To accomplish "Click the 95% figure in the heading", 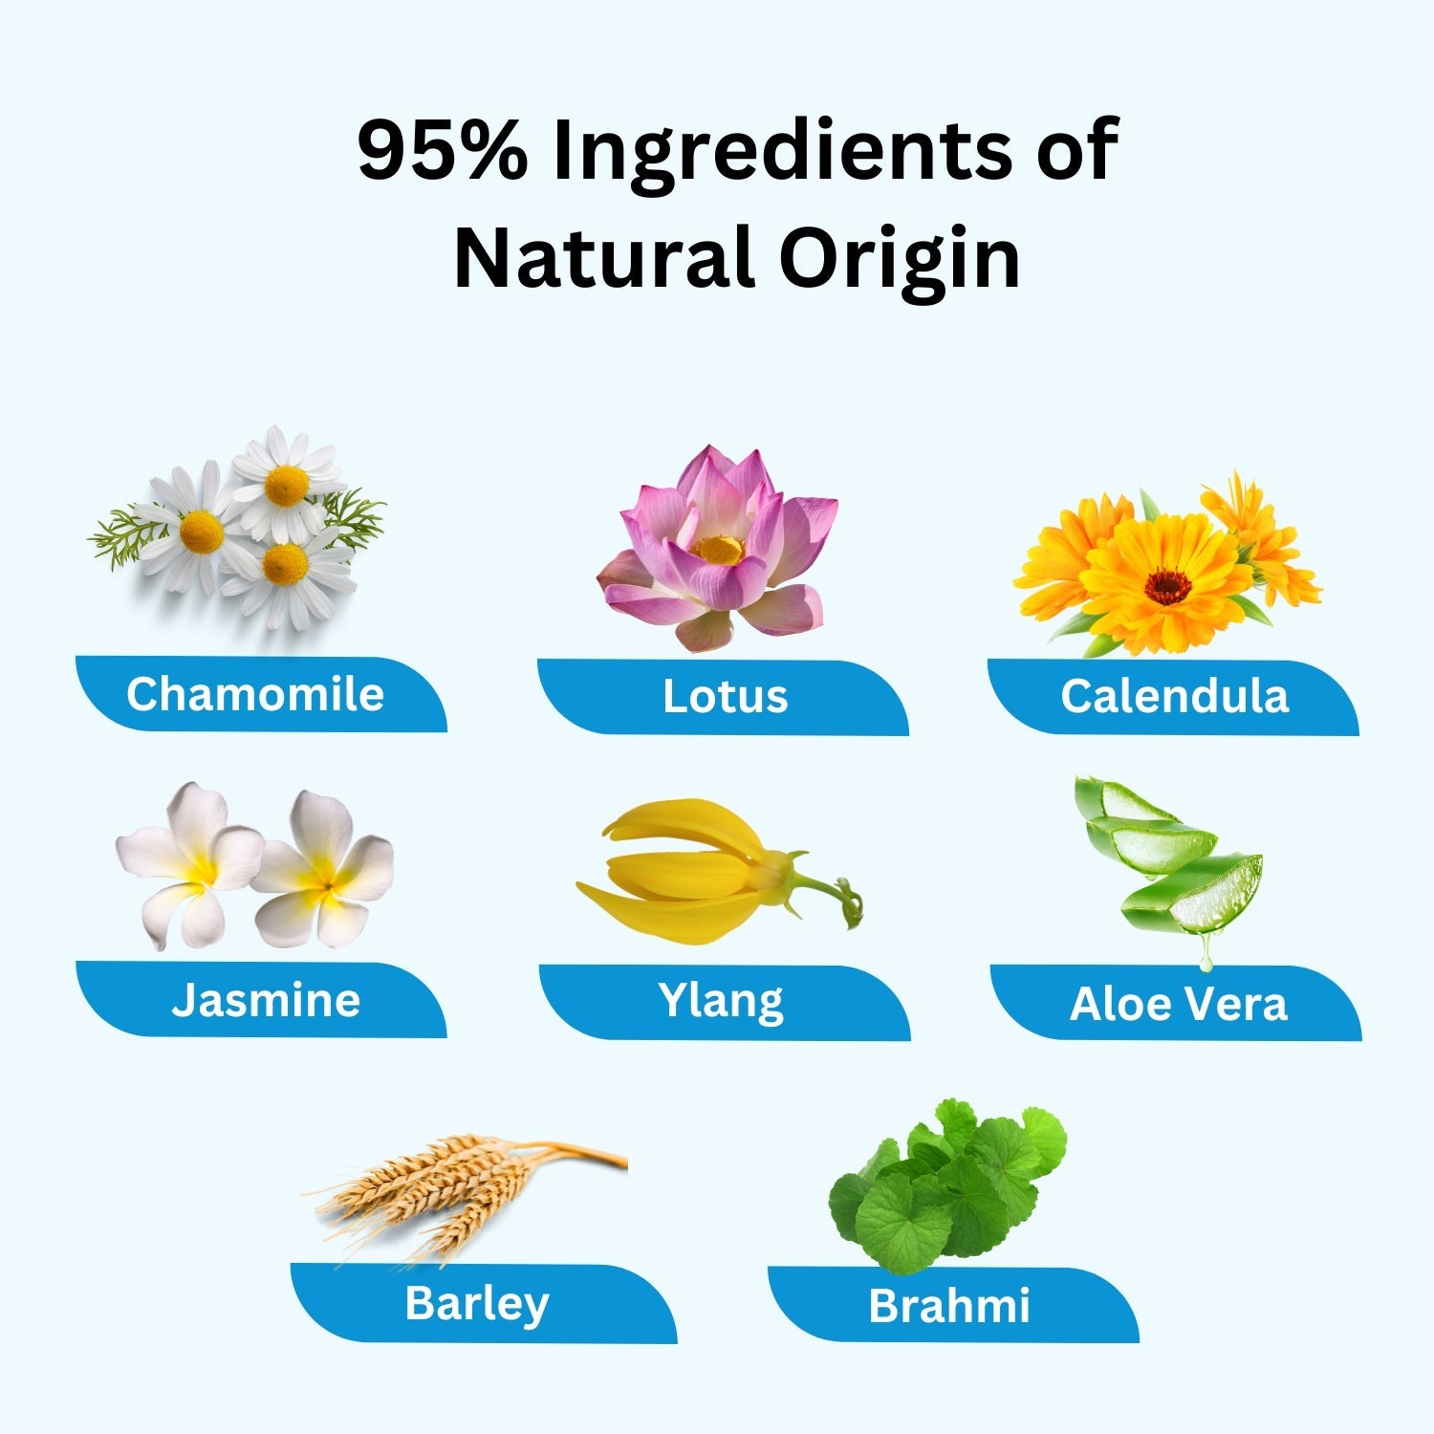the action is coord(442,150).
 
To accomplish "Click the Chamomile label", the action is coord(255,694).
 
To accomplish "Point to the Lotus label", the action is coord(726,696).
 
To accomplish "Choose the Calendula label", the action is coord(1175,696).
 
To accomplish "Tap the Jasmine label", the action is coord(266,1000).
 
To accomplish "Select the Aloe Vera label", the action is coord(1179,1004).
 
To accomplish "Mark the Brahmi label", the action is coord(949,1306).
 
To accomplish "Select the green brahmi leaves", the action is coord(946,1185).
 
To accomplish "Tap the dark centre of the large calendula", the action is coord(1167,586).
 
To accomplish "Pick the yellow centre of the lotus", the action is coord(719,550).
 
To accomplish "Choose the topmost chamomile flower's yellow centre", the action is coord(287,486).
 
